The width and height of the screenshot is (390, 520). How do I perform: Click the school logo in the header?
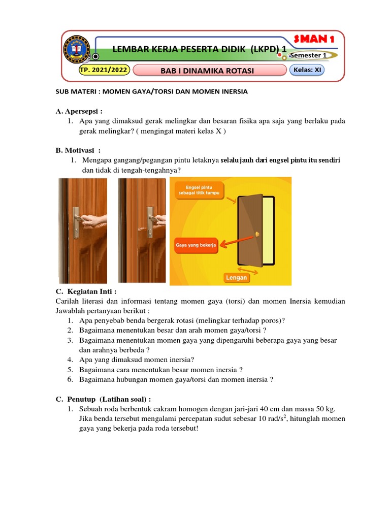77,52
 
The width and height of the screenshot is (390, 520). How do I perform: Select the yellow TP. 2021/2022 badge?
104,70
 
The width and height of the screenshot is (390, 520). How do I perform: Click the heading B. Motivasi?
78,150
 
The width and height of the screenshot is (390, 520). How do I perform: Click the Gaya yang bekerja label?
196,245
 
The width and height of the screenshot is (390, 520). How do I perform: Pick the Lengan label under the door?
237,277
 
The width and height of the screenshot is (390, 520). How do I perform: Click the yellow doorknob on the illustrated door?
258,234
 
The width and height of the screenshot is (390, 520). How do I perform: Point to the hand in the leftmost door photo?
94,220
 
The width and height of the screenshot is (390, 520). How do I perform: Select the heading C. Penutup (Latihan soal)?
103,399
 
